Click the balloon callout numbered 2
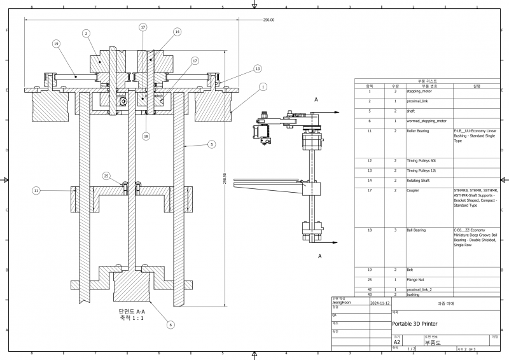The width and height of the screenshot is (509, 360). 85,32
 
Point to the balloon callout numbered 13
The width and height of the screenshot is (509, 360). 258,68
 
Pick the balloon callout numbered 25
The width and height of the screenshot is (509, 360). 106,176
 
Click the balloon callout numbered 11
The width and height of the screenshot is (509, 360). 36,190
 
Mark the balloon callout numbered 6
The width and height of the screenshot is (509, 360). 171,324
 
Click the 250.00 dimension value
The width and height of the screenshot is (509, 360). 268,20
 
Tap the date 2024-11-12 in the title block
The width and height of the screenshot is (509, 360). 379,303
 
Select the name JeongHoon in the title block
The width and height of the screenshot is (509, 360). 342,303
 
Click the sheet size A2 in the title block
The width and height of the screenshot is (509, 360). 397,342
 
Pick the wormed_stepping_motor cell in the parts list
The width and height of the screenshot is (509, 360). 426,120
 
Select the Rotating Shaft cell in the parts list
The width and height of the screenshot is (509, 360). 418,181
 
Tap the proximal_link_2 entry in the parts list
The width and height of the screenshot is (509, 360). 419,289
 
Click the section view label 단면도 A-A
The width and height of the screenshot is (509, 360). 132,311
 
